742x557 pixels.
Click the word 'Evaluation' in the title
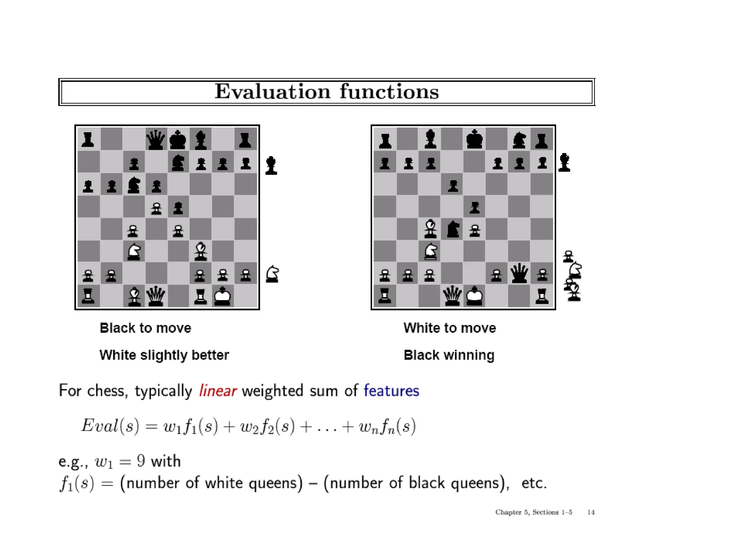272,91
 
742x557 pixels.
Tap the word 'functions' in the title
389,91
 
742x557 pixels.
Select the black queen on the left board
156,140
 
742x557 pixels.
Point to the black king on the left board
178,140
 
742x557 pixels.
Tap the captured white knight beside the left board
272,274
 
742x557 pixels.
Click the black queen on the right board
519,273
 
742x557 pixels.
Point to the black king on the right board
474,140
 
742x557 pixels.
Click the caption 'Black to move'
145,328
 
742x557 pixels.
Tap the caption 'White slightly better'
164,355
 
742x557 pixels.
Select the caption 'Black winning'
449,355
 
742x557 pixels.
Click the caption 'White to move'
450,328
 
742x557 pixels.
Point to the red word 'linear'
218,391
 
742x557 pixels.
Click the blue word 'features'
391,391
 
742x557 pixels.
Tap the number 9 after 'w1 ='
141,461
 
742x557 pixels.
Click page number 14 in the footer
591,512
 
